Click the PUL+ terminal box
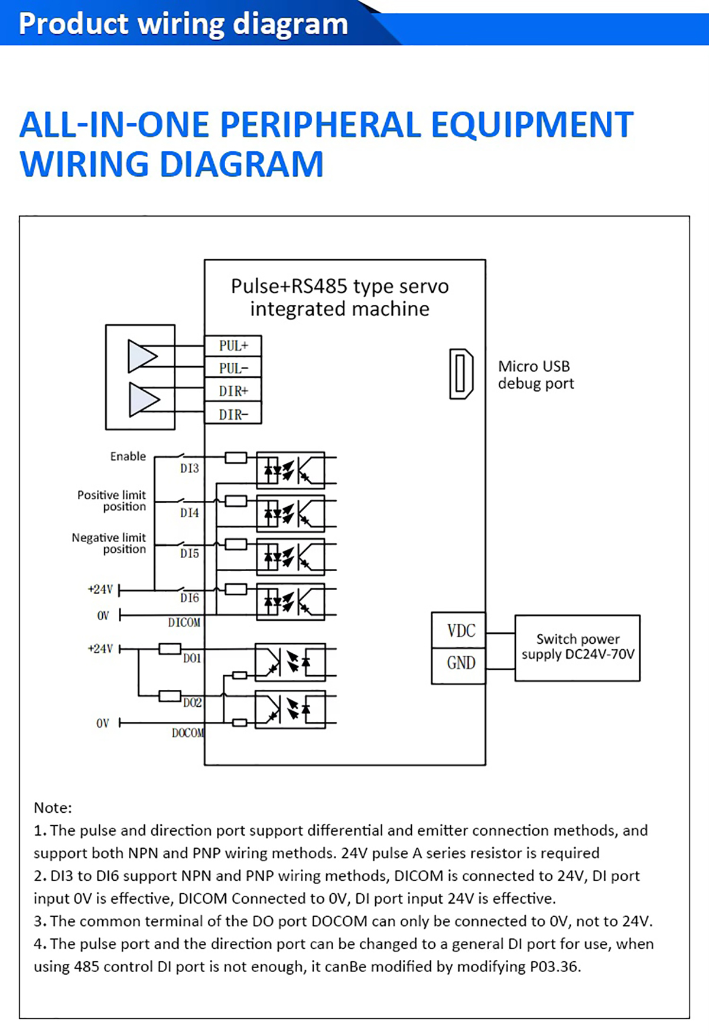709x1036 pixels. [x=233, y=346]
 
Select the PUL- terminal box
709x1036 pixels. [x=233, y=369]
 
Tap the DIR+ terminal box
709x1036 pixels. [x=233, y=391]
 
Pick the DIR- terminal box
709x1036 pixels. [x=233, y=414]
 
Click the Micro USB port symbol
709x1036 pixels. [x=461, y=374]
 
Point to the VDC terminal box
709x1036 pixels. [x=459, y=631]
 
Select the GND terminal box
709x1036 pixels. [x=459, y=663]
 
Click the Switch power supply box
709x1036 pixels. [x=577, y=647]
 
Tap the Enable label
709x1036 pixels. [x=128, y=457]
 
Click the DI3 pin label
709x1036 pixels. [x=190, y=468]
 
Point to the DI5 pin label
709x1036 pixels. [x=190, y=553]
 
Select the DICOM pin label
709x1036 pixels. [x=184, y=623]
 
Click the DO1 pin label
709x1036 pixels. [x=192, y=658]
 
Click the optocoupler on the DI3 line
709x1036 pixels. [x=290, y=470]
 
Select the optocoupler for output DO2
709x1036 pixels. [x=290, y=709]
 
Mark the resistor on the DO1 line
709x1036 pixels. [x=170, y=649]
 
